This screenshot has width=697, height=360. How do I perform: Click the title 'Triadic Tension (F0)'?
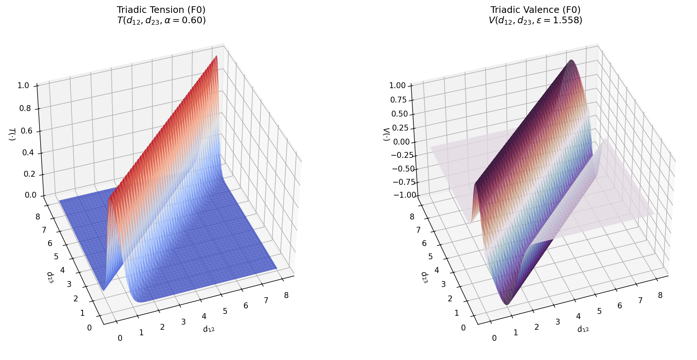pos(161,10)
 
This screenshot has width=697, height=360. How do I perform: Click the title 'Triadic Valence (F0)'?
pos(535,10)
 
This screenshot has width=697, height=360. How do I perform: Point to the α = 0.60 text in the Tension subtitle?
pos(188,20)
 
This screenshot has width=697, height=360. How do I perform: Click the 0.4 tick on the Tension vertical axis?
pos(28,153)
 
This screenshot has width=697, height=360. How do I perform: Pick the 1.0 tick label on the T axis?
pos(23,86)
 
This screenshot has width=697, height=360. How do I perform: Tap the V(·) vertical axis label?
pos(386,135)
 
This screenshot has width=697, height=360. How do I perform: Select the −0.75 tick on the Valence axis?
pos(403,182)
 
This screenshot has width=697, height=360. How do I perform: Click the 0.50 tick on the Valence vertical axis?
pos(399,114)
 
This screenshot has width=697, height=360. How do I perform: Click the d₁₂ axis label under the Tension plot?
pos(209,329)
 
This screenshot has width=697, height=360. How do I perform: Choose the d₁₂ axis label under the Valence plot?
pos(583,329)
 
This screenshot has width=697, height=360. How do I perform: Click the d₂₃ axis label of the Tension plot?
pos(51,277)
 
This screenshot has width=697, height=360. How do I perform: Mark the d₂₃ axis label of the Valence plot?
pos(425,277)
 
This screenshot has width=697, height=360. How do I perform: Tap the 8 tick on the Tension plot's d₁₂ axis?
pos(286,295)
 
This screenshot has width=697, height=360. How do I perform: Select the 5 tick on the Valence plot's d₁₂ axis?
pos(599,311)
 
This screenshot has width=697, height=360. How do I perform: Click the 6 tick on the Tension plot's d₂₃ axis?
pos(50,243)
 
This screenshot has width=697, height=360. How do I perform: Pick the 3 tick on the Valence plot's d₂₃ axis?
pos(443,284)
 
